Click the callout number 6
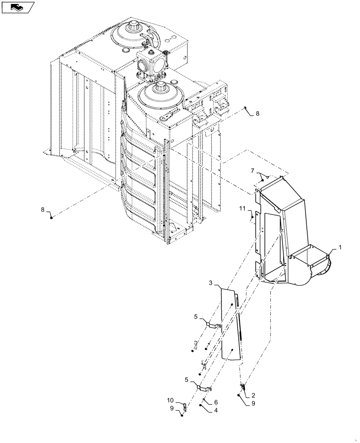click(x=216, y=402)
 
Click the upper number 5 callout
click(x=195, y=316)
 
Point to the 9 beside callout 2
click(x=252, y=404)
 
